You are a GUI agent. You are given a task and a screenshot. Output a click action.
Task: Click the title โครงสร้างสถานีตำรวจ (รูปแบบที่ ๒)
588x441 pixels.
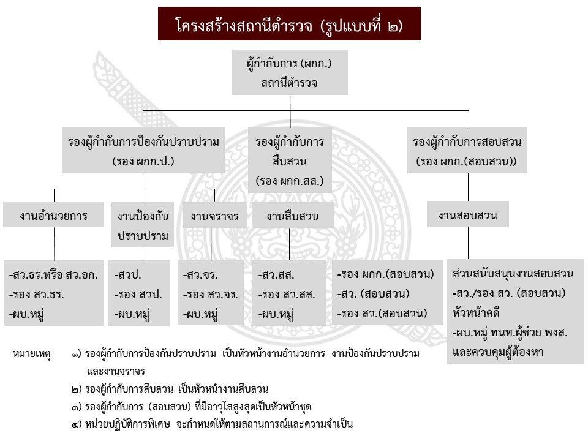pyautogui.click(x=289, y=24)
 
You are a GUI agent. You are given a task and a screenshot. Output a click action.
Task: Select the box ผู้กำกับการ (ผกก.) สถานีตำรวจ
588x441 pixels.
pyautogui.click(x=289, y=72)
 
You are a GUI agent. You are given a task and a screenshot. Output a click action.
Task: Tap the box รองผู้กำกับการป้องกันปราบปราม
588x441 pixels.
pyautogui.click(x=143, y=150)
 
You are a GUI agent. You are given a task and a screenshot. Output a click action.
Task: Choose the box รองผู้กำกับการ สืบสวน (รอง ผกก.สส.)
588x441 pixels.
pyautogui.click(x=290, y=160)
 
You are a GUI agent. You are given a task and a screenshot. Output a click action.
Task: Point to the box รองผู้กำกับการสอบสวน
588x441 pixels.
pyautogui.click(x=467, y=150)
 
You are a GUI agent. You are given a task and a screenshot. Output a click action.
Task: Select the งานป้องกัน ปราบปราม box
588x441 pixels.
pyautogui.click(x=143, y=225)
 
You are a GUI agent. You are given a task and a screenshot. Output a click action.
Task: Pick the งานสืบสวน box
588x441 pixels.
pyautogui.click(x=292, y=216)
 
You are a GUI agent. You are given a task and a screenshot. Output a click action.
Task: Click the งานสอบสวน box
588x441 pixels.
pyautogui.click(x=467, y=215)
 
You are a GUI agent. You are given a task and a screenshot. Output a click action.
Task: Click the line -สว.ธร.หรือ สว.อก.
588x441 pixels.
pyautogui.click(x=54, y=275)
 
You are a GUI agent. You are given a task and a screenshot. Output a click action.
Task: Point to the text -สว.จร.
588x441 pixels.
pyautogui.click(x=201, y=275)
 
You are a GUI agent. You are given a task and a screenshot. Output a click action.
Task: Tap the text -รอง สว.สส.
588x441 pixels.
pyautogui.click(x=287, y=295)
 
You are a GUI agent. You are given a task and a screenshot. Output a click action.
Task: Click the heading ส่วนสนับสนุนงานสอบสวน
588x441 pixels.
pyautogui.click(x=513, y=273)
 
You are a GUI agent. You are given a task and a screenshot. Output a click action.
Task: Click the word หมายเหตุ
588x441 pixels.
pyautogui.click(x=31, y=353)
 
